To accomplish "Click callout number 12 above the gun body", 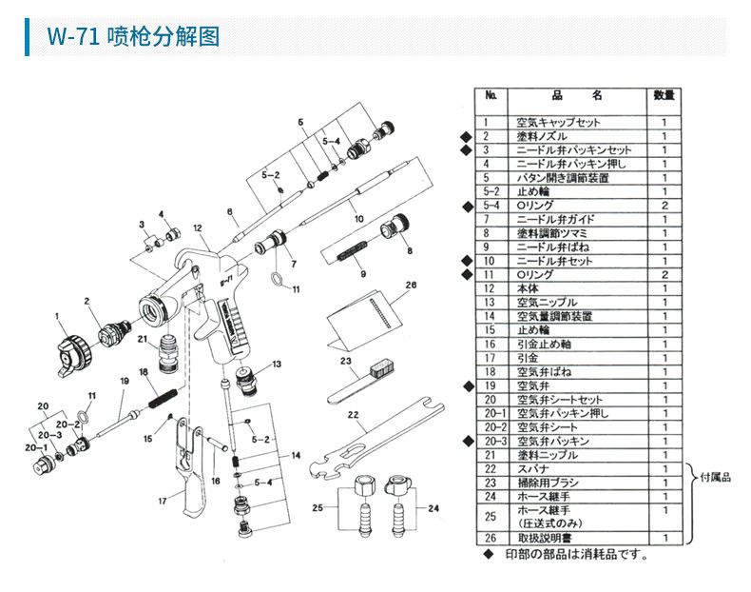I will tap(198, 229).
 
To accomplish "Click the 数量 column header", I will tap(664, 95).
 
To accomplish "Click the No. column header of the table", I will tap(491, 95).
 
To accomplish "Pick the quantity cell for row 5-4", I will tap(664, 206).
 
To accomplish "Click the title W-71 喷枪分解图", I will tap(133, 36).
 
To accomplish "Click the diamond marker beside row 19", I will tap(466, 385).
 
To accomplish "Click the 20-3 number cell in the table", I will tap(491, 441).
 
